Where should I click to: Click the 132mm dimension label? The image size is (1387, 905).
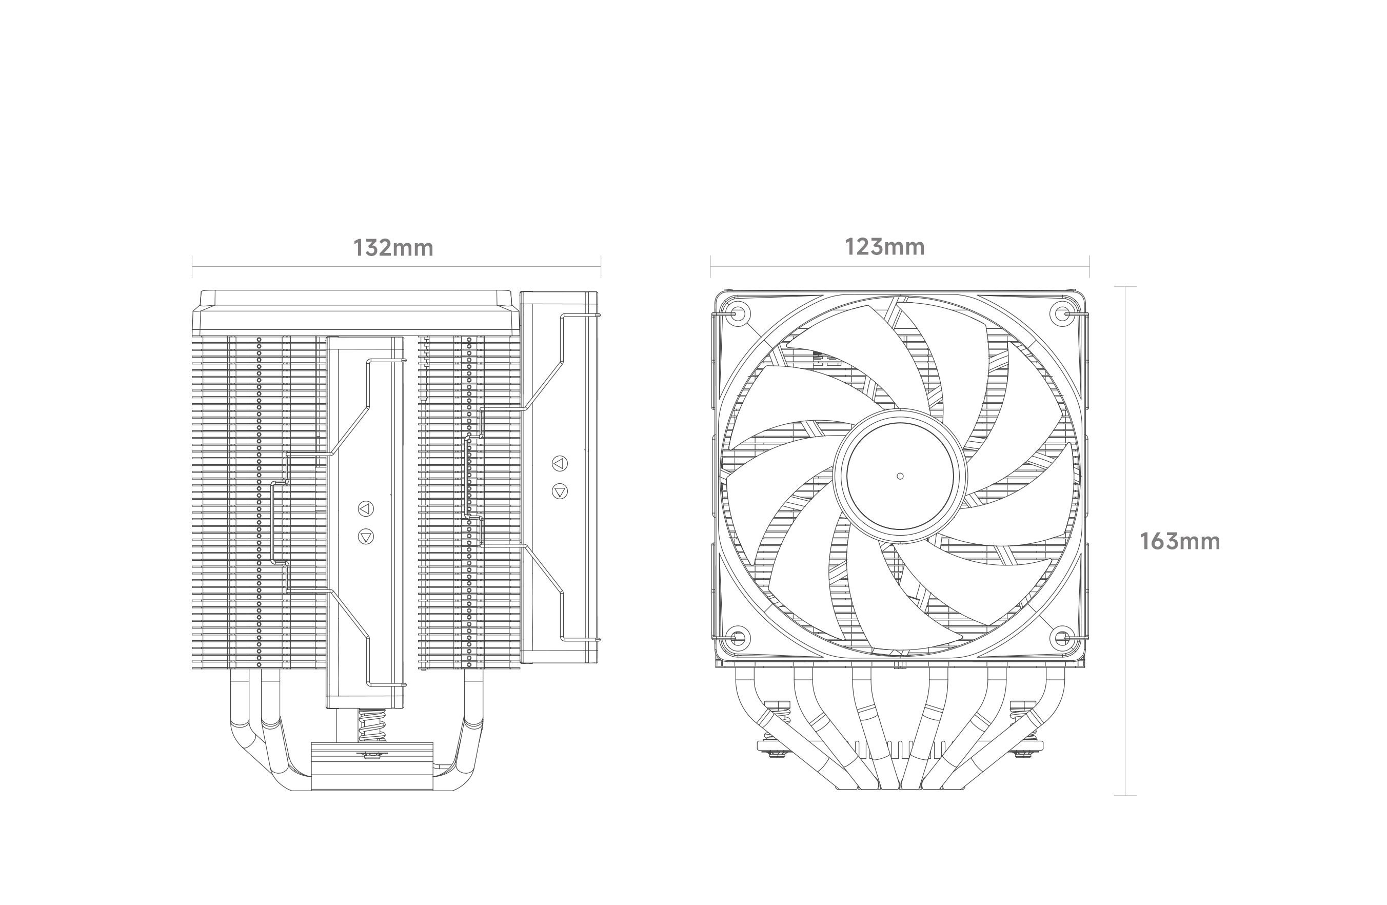(393, 248)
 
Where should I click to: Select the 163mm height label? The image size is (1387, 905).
(1180, 542)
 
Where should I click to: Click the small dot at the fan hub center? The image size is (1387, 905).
(900, 476)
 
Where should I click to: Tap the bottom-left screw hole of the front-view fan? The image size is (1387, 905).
(737, 638)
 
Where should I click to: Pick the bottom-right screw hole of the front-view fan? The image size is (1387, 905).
(1062, 638)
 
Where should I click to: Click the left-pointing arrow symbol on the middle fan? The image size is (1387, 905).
(365, 509)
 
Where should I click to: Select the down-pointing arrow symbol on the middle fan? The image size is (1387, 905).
(365, 536)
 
